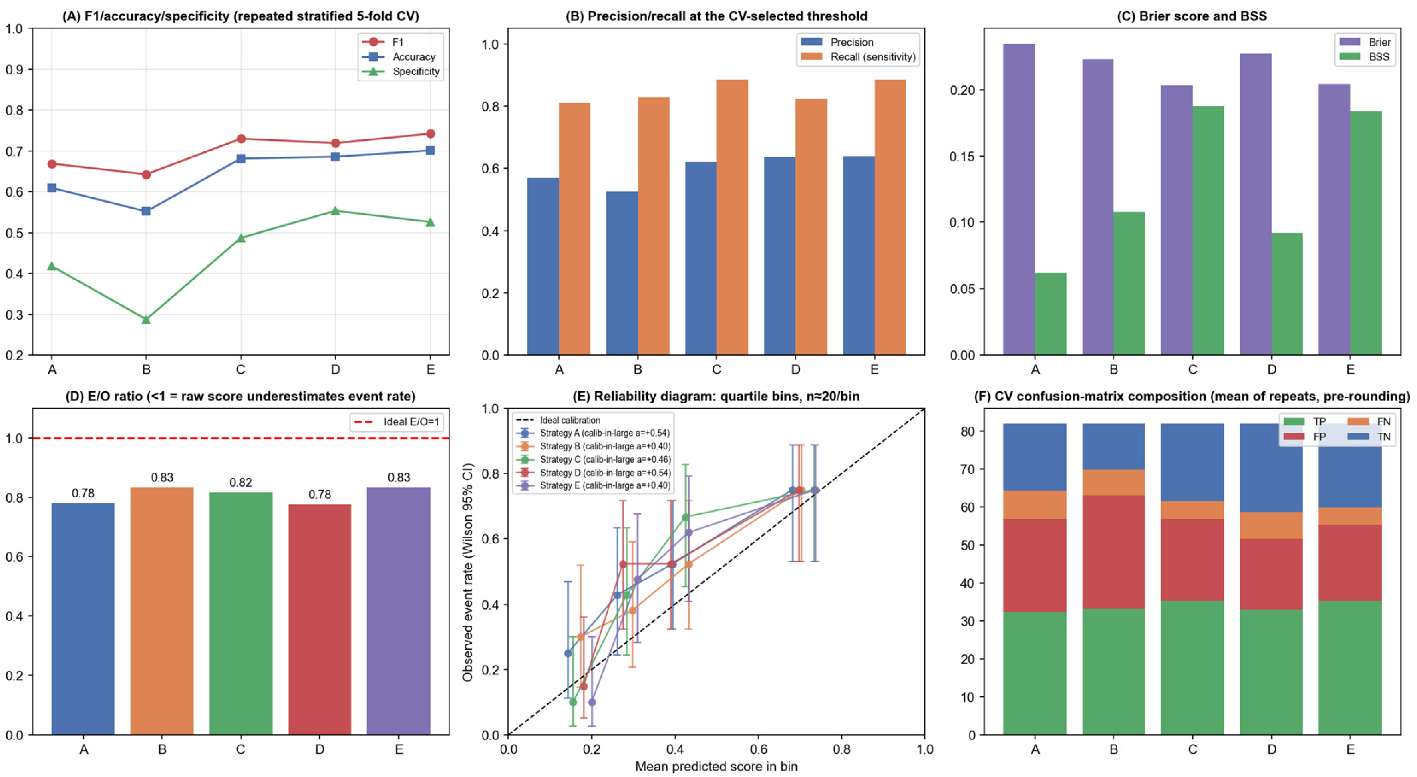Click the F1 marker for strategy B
[x=146, y=175]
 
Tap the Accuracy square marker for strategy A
[x=52, y=188]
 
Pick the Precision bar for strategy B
[x=622, y=273]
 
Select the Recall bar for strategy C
[x=732, y=217]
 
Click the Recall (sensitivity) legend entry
[x=858, y=56]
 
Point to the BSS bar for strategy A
[x=1051, y=314]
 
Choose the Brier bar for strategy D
[x=1256, y=204]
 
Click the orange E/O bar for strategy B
[x=162, y=611]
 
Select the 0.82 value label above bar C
[x=241, y=483]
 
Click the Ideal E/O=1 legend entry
[x=397, y=422]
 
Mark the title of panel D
[x=240, y=397]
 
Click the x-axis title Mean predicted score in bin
[x=716, y=767]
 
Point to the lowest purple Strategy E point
[x=592, y=702]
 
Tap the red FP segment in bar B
[x=1113, y=552]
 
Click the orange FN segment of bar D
[x=1271, y=525]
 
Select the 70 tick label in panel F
[x=969, y=470]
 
